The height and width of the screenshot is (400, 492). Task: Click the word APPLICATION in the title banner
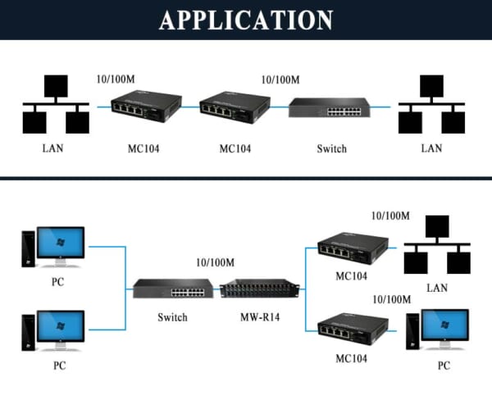[245, 20]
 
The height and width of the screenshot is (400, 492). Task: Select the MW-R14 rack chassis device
[259, 289]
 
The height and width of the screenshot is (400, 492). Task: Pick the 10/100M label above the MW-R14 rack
[216, 262]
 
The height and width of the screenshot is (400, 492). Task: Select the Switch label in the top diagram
[331, 148]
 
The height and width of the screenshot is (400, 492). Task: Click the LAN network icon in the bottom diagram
[437, 246]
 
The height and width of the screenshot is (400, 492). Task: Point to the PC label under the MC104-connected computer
[444, 366]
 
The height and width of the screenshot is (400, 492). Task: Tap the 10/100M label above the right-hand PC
[390, 300]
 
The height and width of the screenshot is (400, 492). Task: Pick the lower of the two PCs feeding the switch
[53, 330]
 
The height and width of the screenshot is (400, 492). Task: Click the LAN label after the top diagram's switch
[431, 148]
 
